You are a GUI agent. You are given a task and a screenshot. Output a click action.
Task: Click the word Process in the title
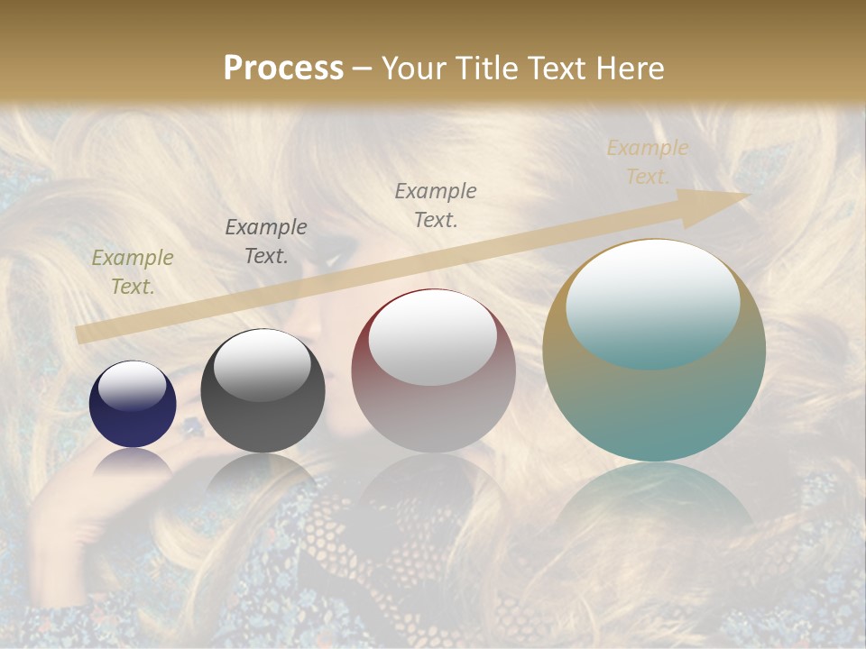coord(283,69)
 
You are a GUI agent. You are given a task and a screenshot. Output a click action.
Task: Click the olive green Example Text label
coord(133,272)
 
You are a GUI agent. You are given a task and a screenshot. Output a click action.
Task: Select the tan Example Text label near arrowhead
coord(647,162)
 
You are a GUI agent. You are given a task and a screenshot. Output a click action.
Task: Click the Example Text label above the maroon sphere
coord(436,205)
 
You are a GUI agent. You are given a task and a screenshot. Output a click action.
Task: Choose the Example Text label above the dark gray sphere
coord(266,241)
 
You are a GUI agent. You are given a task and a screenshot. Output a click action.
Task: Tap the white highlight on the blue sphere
coord(133,386)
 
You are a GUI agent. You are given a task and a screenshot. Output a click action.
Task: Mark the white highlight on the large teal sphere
coord(652,302)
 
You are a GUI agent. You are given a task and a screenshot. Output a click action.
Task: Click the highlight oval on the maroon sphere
coord(432,336)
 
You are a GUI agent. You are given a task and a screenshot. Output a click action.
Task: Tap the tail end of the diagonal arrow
coord(81,334)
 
